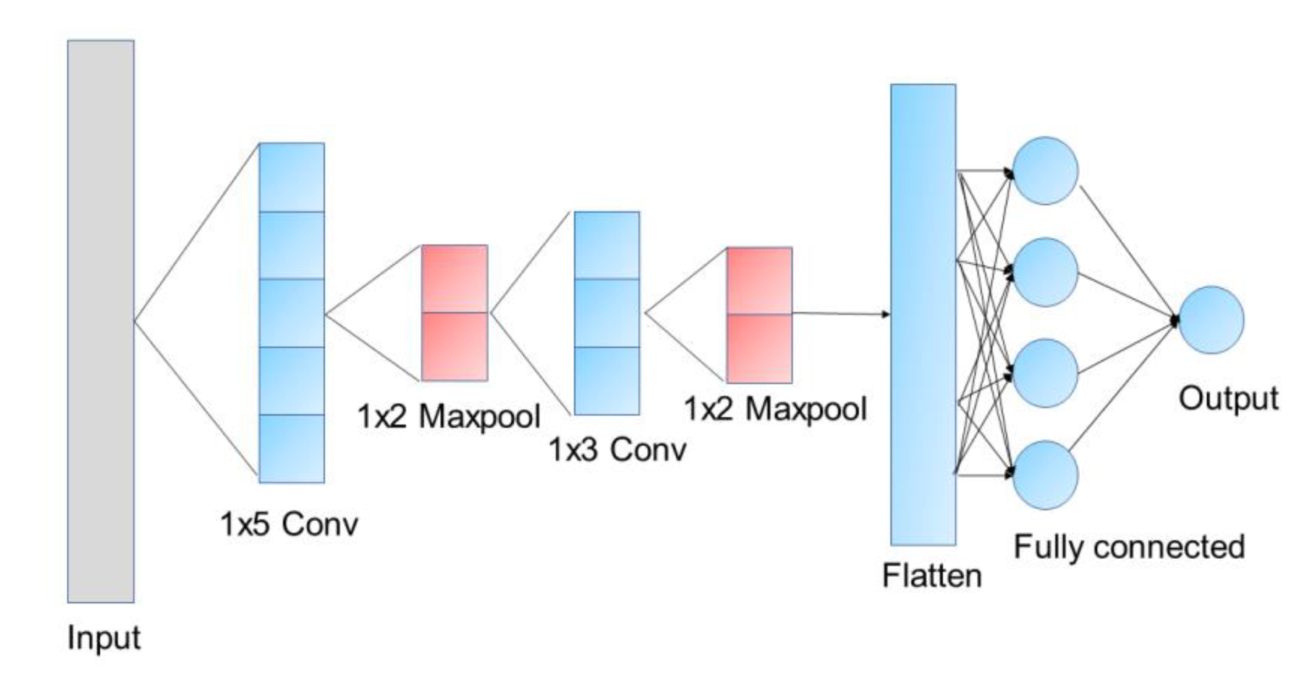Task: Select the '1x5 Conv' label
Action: (289, 524)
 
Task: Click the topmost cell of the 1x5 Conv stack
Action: (292, 177)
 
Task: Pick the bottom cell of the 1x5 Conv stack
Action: (292, 449)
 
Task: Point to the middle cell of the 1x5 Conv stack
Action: (292, 313)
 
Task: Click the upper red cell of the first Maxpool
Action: (455, 279)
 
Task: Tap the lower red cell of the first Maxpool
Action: (455, 346)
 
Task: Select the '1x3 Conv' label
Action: (617, 450)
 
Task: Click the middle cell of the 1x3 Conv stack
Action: (607, 313)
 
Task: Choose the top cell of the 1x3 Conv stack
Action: (607, 245)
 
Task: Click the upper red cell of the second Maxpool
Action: (759, 281)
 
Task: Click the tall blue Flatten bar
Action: (923, 314)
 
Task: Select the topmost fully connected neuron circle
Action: (1044, 171)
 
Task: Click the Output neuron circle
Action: (1211, 320)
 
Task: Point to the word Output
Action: (1228, 398)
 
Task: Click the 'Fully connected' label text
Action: (1129, 547)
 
